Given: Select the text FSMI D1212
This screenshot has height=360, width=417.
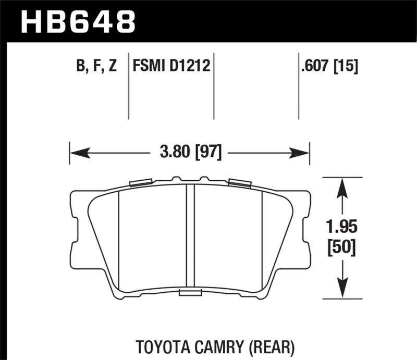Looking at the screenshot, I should [171, 66].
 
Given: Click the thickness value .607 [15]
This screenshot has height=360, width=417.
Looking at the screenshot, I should [329, 66].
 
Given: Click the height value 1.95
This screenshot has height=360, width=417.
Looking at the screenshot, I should [342, 227].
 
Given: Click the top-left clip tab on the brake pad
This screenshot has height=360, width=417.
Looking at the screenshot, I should [140, 182].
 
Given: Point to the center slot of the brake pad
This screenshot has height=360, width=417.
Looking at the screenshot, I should [190, 237].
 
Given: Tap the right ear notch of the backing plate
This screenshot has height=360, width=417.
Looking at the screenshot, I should [307, 229].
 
